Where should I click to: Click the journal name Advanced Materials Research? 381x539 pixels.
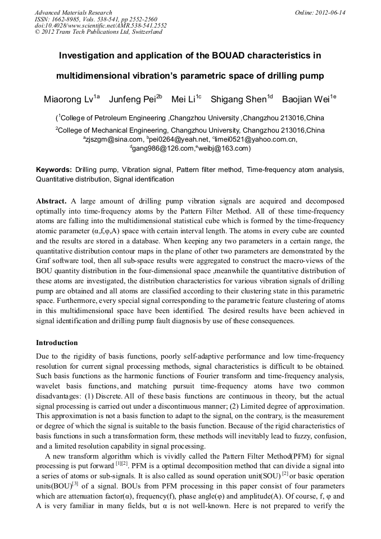(73, 12)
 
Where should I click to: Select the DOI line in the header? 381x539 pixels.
(101, 25)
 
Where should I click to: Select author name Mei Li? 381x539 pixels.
(183, 99)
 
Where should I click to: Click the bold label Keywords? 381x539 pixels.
(54, 169)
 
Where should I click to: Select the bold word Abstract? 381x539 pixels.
(52, 201)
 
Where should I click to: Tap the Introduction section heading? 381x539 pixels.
(57, 342)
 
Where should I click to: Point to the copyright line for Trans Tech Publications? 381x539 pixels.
(98, 32)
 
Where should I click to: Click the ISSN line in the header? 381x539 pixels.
(96, 19)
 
